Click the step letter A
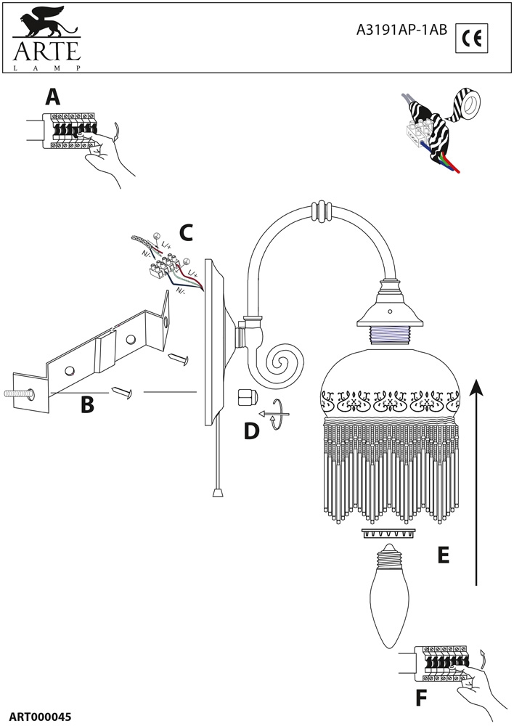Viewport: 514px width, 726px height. [52, 97]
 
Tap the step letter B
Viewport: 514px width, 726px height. [87, 404]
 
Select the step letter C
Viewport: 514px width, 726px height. [186, 233]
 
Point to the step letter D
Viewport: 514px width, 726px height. [251, 431]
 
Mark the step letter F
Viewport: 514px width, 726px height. [421, 698]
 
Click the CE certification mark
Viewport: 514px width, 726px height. [472, 37]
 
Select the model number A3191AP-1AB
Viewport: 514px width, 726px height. [402, 30]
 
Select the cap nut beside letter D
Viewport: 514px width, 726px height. [246, 398]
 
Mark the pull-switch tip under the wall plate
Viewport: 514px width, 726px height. [217, 492]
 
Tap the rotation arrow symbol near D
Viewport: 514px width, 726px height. [275, 414]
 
